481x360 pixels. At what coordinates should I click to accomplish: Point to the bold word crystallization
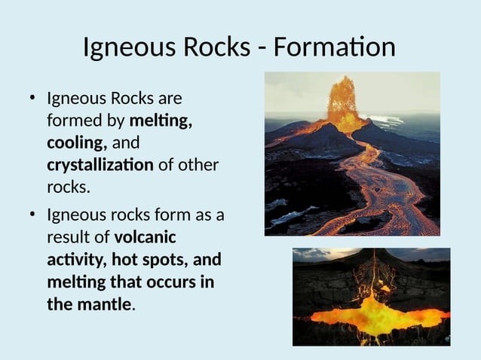pyautogui.click(x=100, y=164)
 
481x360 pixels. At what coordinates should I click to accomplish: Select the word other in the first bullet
pyautogui.click(x=197, y=164)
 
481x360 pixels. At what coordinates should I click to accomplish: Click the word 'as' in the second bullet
pyautogui.click(x=204, y=215)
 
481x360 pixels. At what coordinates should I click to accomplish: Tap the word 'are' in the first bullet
pyautogui.click(x=168, y=99)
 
